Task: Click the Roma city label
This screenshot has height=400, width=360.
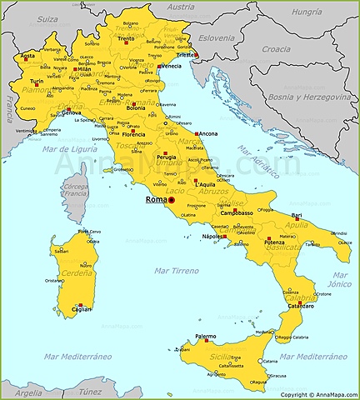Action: pos(155,200)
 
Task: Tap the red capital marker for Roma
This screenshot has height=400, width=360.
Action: pos(172,201)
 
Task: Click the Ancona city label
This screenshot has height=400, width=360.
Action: pos(209,134)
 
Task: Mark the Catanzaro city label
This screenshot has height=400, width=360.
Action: pos(301,306)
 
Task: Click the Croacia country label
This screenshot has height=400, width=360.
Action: pos(276,49)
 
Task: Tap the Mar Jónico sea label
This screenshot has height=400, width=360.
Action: pos(340,279)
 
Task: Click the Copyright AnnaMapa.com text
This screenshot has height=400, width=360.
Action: pos(317,394)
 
